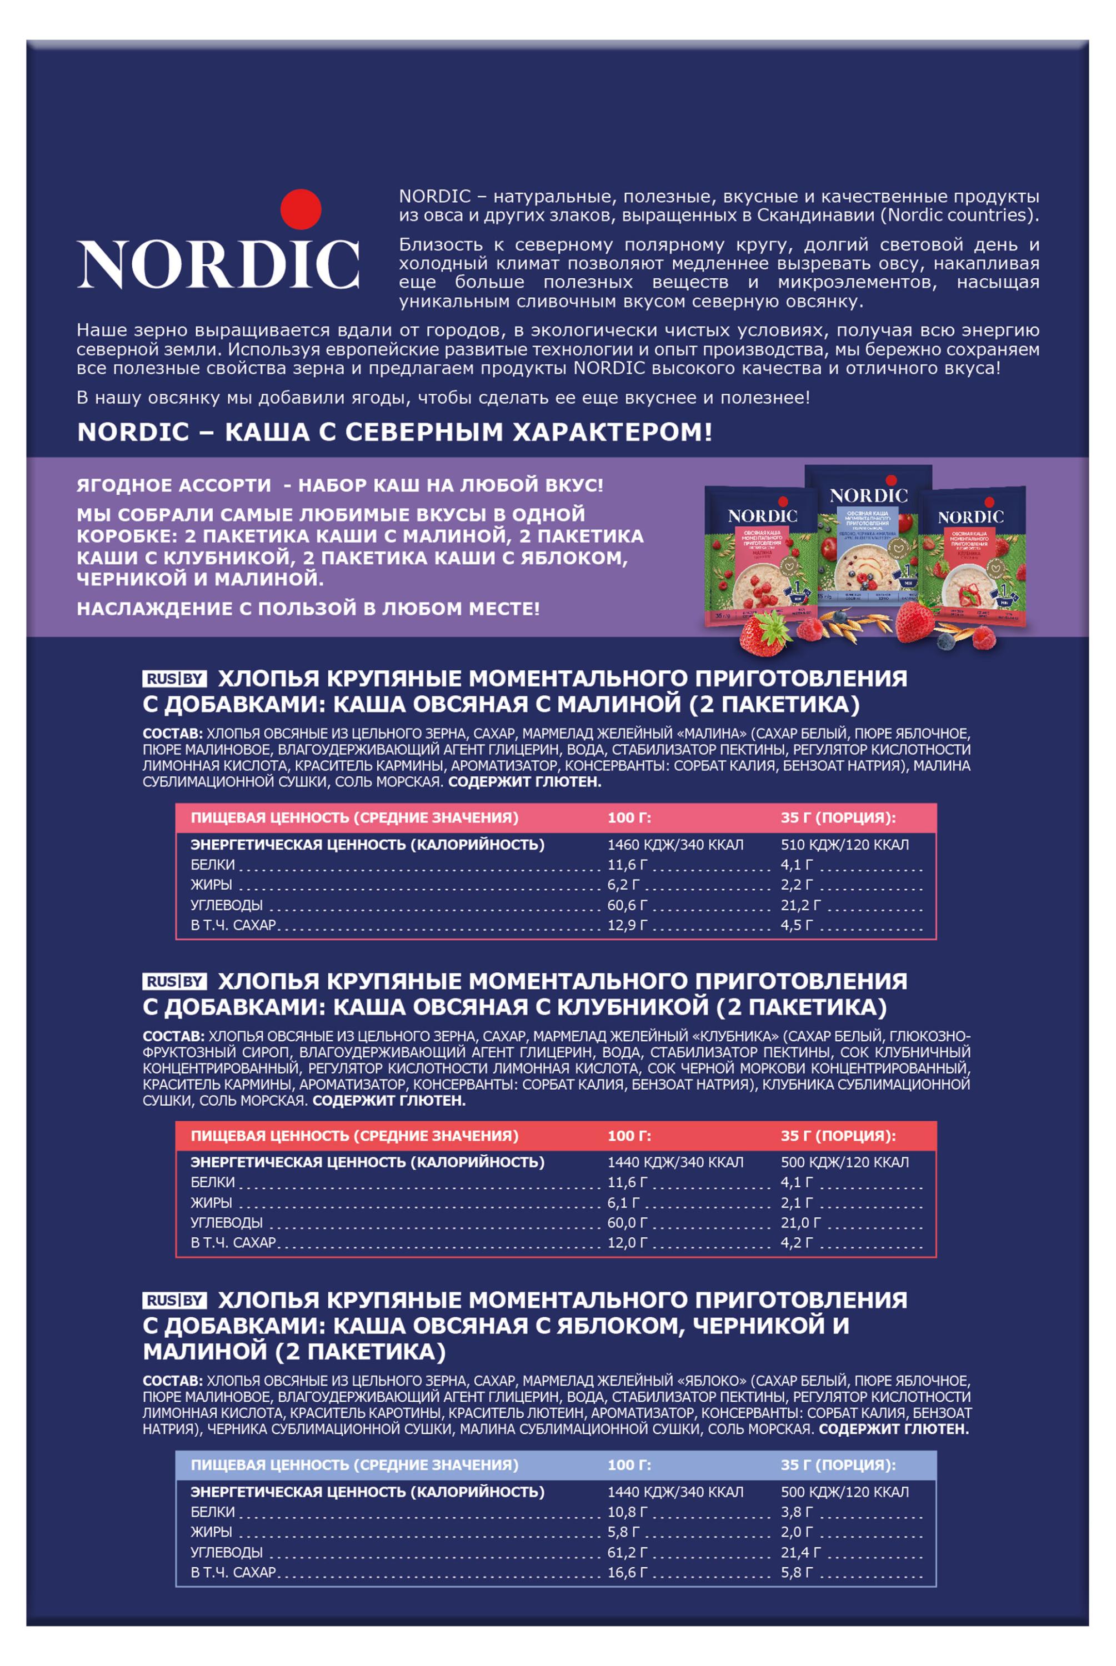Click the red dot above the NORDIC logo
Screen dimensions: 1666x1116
301,208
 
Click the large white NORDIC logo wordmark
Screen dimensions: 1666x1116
218,264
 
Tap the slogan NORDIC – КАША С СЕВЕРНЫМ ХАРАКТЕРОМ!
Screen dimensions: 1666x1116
394,432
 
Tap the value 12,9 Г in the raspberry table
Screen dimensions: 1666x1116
627,925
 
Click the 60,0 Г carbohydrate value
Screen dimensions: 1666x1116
627,1222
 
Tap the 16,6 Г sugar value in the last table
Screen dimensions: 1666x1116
627,1572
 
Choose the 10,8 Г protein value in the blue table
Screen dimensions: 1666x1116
627,1512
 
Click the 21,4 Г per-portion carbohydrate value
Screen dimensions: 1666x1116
800,1552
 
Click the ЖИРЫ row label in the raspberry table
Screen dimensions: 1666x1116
212,885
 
